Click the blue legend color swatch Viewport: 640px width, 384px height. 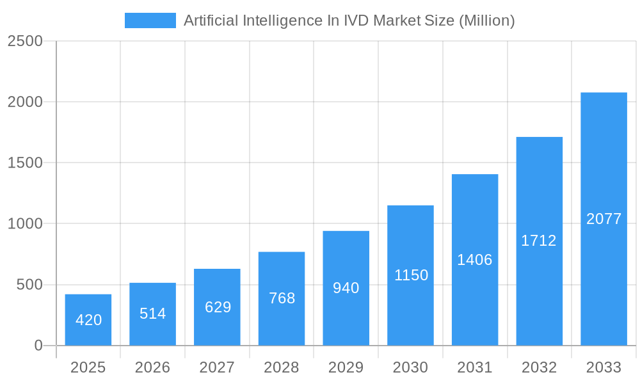pyautogui.click(x=150, y=20)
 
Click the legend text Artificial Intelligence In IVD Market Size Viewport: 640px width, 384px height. pyautogui.click(x=349, y=20)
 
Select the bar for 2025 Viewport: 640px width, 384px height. pyautogui.click(x=88, y=320)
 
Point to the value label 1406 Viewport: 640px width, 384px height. pyautogui.click(x=474, y=260)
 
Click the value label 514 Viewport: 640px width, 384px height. pyautogui.click(x=152, y=314)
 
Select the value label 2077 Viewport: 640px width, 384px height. pyautogui.click(x=604, y=219)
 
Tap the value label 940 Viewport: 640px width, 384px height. pyautogui.click(x=346, y=288)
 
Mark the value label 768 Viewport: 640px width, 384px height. pyautogui.click(x=282, y=298)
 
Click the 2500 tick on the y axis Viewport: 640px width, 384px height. pyautogui.click(x=25, y=41)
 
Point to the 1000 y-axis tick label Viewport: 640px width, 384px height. pyautogui.click(x=25, y=224)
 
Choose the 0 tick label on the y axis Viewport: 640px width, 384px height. pyautogui.click(x=38, y=346)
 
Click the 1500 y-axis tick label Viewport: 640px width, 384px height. pyautogui.click(x=25, y=163)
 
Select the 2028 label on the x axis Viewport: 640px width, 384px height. pyautogui.click(x=282, y=367)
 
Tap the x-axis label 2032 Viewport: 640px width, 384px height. pyautogui.click(x=539, y=367)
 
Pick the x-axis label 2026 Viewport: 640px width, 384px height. pyautogui.click(x=152, y=367)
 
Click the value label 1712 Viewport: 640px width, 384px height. pyautogui.click(x=539, y=241)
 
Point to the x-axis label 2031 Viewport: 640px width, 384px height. pyautogui.click(x=474, y=367)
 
